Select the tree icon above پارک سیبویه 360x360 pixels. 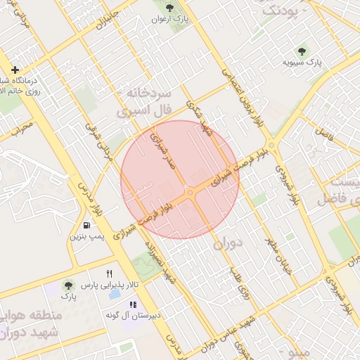(302, 51)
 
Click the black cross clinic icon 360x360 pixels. (15, 70)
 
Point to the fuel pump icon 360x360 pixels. (86, 226)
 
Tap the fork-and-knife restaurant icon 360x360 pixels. (109, 274)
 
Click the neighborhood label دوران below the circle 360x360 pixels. (228, 244)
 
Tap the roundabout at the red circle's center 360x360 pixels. (190, 192)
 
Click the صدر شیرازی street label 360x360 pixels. (162, 150)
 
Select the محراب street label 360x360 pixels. (21, 129)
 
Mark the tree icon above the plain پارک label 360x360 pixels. (67, 285)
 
